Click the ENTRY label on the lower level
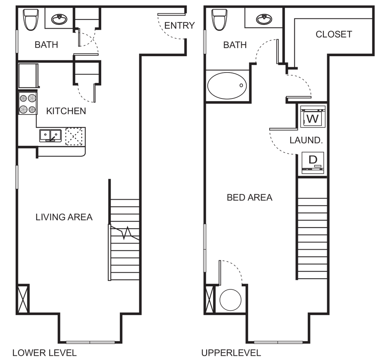coord(179,26)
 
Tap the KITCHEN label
coord(66,111)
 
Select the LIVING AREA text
coord(64,218)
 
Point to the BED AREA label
coord(250,198)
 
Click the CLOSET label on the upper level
coord(333,34)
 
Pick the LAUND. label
coord(306,140)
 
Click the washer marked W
coord(312,119)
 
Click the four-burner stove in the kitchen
coord(27,104)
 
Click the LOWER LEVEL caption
coord(44,352)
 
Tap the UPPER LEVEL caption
coord(231,352)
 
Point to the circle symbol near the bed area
coord(230,299)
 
